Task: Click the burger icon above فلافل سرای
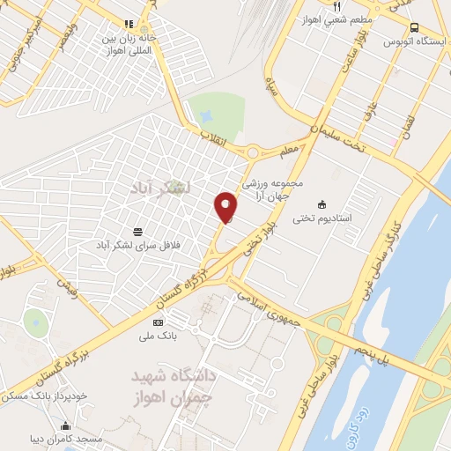(137, 231)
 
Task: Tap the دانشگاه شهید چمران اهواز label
(174, 385)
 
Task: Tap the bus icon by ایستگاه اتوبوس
(415, 28)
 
